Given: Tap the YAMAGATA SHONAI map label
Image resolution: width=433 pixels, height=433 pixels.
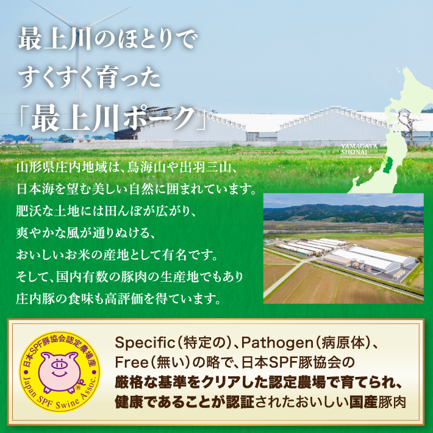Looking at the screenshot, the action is click(359, 149).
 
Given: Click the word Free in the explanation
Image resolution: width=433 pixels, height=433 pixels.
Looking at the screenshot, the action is click(131, 363).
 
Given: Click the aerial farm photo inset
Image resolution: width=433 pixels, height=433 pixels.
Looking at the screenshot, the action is click(343, 248).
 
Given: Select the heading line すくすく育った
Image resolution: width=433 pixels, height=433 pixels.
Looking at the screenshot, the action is click(89, 79).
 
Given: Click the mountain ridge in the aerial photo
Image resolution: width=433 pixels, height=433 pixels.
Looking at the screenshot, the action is click(343, 211).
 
